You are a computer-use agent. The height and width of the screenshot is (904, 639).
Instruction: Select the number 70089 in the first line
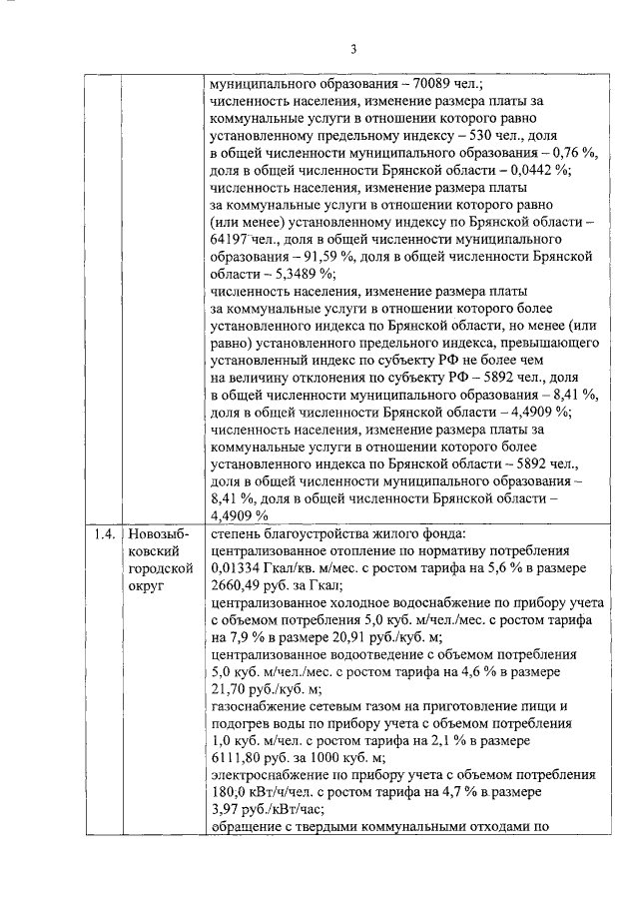pyautogui.click(x=423, y=84)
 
